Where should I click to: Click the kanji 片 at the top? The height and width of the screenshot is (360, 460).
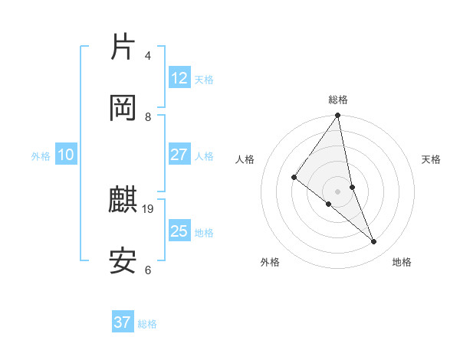pyautogui.click(x=123, y=47)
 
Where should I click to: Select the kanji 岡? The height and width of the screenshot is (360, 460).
pyautogui.click(x=123, y=108)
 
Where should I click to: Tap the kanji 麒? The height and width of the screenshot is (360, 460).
pyautogui.click(x=123, y=200)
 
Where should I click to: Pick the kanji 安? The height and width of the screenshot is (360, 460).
pyautogui.click(x=123, y=261)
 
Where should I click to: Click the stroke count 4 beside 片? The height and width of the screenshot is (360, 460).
pyautogui.click(x=148, y=56)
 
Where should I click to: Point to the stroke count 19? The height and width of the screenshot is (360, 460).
pyautogui.click(x=149, y=208)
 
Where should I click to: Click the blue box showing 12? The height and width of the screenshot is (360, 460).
pyautogui.click(x=179, y=77)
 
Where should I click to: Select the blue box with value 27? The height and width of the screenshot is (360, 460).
pyautogui.click(x=179, y=154)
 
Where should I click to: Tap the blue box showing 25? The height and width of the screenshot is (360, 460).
pyautogui.click(x=179, y=231)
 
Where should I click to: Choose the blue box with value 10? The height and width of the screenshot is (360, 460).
pyautogui.click(x=65, y=155)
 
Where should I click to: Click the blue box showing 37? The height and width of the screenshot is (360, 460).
pyautogui.click(x=122, y=322)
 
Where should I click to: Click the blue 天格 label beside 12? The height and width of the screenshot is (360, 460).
pyautogui.click(x=204, y=79)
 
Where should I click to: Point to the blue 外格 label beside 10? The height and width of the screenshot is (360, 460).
pyautogui.click(x=41, y=155)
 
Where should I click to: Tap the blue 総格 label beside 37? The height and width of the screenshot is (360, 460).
pyautogui.click(x=147, y=324)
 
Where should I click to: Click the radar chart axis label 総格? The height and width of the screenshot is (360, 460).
pyautogui.click(x=338, y=100)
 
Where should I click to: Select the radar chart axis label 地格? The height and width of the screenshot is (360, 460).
pyautogui.click(x=402, y=262)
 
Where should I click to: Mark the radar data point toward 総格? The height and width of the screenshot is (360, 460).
pyautogui.click(x=338, y=116)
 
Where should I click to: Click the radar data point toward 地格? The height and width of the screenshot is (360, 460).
pyautogui.click(x=374, y=242)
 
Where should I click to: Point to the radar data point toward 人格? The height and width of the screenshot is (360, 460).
pyautogui.click(x=294, y=177)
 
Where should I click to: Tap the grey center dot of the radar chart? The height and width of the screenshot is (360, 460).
pyautogui.click(x=337, y=191)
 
